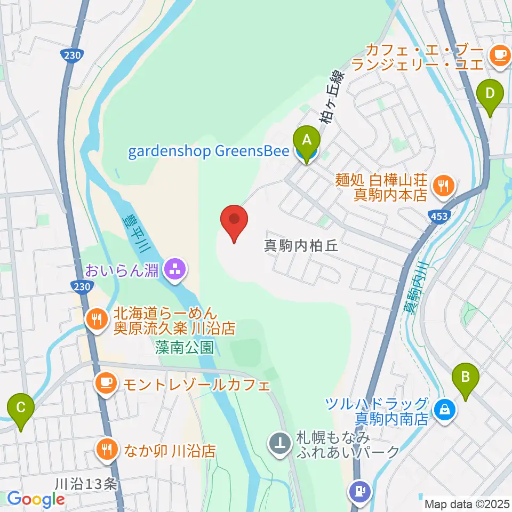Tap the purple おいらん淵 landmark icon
pyautogui.click(x=174, y=270)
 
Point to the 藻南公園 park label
pyautogui.click(x=185, y=348)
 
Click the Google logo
pyautogui.click(x=36, y=499)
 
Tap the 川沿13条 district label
pyautogui.click(x=85, y=484)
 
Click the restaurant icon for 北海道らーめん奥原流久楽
pyautogui.click(x=96, y=319)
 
